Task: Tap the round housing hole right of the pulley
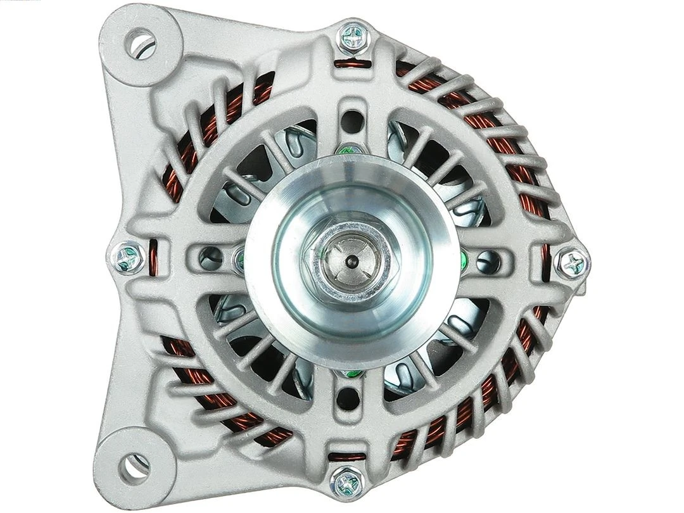488,259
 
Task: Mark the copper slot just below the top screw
351,63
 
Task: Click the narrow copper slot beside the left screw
153,258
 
